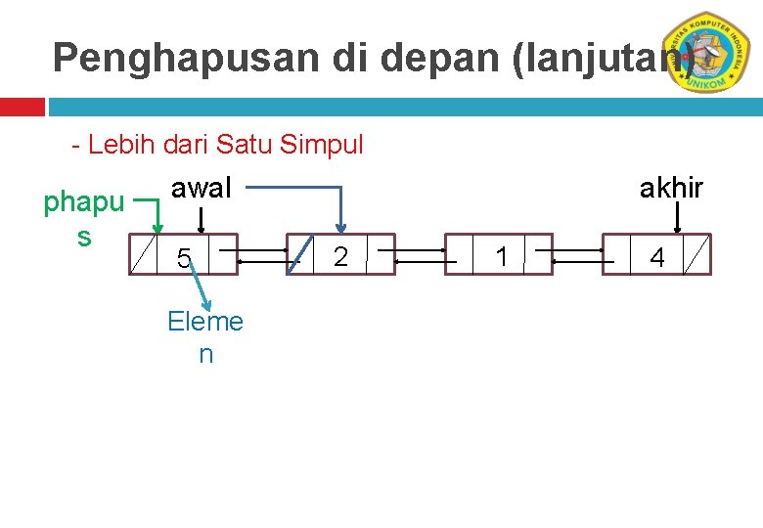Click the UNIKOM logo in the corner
tap(711, 53)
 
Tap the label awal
tap(202, 188)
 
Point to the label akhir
tap(671, 188)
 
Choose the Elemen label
tap(205, 335)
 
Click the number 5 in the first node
tap(183, 259)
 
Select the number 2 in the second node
tap(340, 257)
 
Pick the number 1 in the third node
tap(502, 257)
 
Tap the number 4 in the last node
tap(657, 259)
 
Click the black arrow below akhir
tap(677, 221)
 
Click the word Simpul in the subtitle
tap(322, 146)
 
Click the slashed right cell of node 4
tap(696, 257)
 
